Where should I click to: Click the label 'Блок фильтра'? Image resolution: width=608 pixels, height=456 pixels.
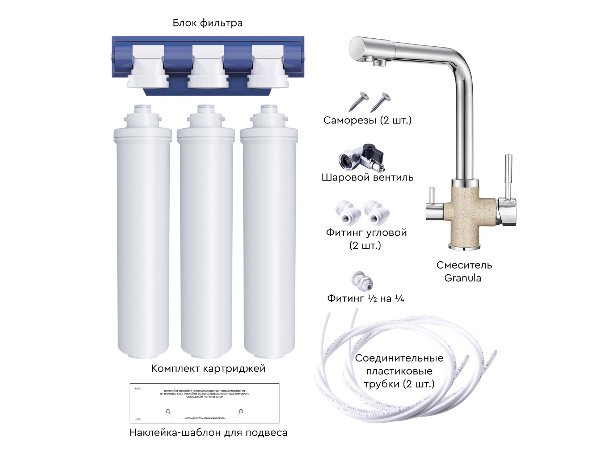point(207,23)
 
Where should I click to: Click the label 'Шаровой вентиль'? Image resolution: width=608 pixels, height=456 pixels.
point(367,177)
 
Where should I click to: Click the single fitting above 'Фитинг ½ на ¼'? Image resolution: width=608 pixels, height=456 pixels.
point(362,280)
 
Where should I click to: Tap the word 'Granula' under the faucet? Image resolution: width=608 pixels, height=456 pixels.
point(463,278)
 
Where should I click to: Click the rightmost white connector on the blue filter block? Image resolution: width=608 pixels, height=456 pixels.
point(268,69)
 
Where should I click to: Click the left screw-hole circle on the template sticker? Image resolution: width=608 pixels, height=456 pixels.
point(168,411)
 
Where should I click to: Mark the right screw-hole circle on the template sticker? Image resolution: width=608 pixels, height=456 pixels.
point(241,411)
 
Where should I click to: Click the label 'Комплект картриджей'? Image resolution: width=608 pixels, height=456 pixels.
point(208,368)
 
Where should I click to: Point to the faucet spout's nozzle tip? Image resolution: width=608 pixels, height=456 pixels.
point(379,63)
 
